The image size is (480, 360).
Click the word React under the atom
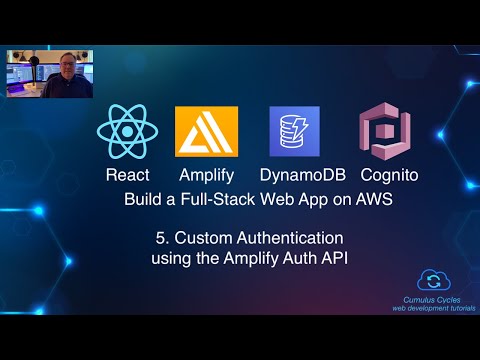click(128, 175)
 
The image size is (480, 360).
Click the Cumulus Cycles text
click(432, 300)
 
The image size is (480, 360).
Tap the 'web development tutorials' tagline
click(432, 309)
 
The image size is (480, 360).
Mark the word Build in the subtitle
click(143, 198)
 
